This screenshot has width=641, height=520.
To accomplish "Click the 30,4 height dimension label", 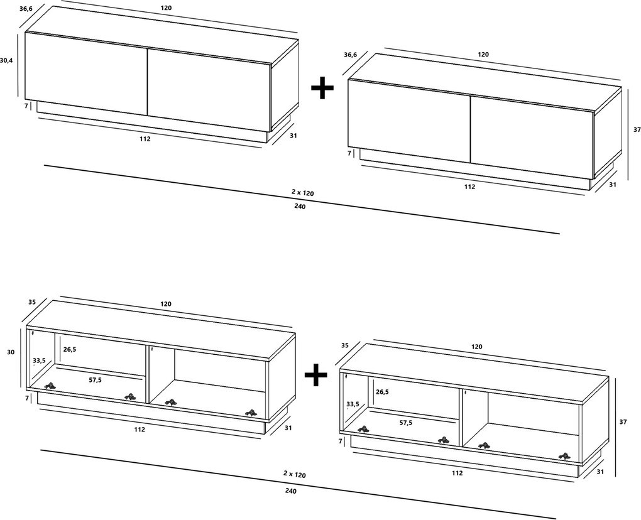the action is click(x=6, y=60).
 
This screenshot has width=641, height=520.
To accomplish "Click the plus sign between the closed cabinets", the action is click(x=322, y=87).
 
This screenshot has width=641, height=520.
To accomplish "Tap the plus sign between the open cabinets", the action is click(x=316, y=374).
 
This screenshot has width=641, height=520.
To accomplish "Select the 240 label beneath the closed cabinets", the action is click(x=300, y=206).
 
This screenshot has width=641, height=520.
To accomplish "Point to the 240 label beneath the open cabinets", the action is click(x=291, y=491).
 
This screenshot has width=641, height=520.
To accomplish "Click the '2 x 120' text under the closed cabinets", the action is click(x=302, y=192).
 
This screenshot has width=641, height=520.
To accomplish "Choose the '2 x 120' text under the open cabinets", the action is click(x=295, y=475).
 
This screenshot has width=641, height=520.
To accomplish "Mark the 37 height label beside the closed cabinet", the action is click(x=637, y=129).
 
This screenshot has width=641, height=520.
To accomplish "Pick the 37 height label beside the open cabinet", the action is click(x=623, y=422).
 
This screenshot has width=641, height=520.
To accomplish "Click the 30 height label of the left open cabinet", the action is click(x=11, y=352).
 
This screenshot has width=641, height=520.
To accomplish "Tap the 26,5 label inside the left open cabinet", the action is click(x=70, y=349).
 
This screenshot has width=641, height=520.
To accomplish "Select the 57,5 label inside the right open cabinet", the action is click(x=406, y=423).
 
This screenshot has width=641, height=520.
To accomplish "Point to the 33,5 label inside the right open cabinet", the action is click(x=353, y=404).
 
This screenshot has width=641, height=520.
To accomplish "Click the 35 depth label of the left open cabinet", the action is click(x=32, y=302).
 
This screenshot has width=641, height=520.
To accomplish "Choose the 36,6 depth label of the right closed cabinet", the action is click(x=350, y=55).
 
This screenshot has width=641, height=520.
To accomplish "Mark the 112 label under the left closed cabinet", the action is click(x=145, y=139).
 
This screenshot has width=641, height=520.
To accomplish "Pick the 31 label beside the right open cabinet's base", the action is click(x=601, y=472).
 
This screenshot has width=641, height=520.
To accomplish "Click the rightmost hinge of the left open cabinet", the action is click(x=251, y=413).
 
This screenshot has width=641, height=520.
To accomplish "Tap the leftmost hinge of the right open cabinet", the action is click(x=363, y=429).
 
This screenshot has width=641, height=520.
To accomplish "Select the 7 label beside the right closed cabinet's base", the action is click(x=349, y=153).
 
